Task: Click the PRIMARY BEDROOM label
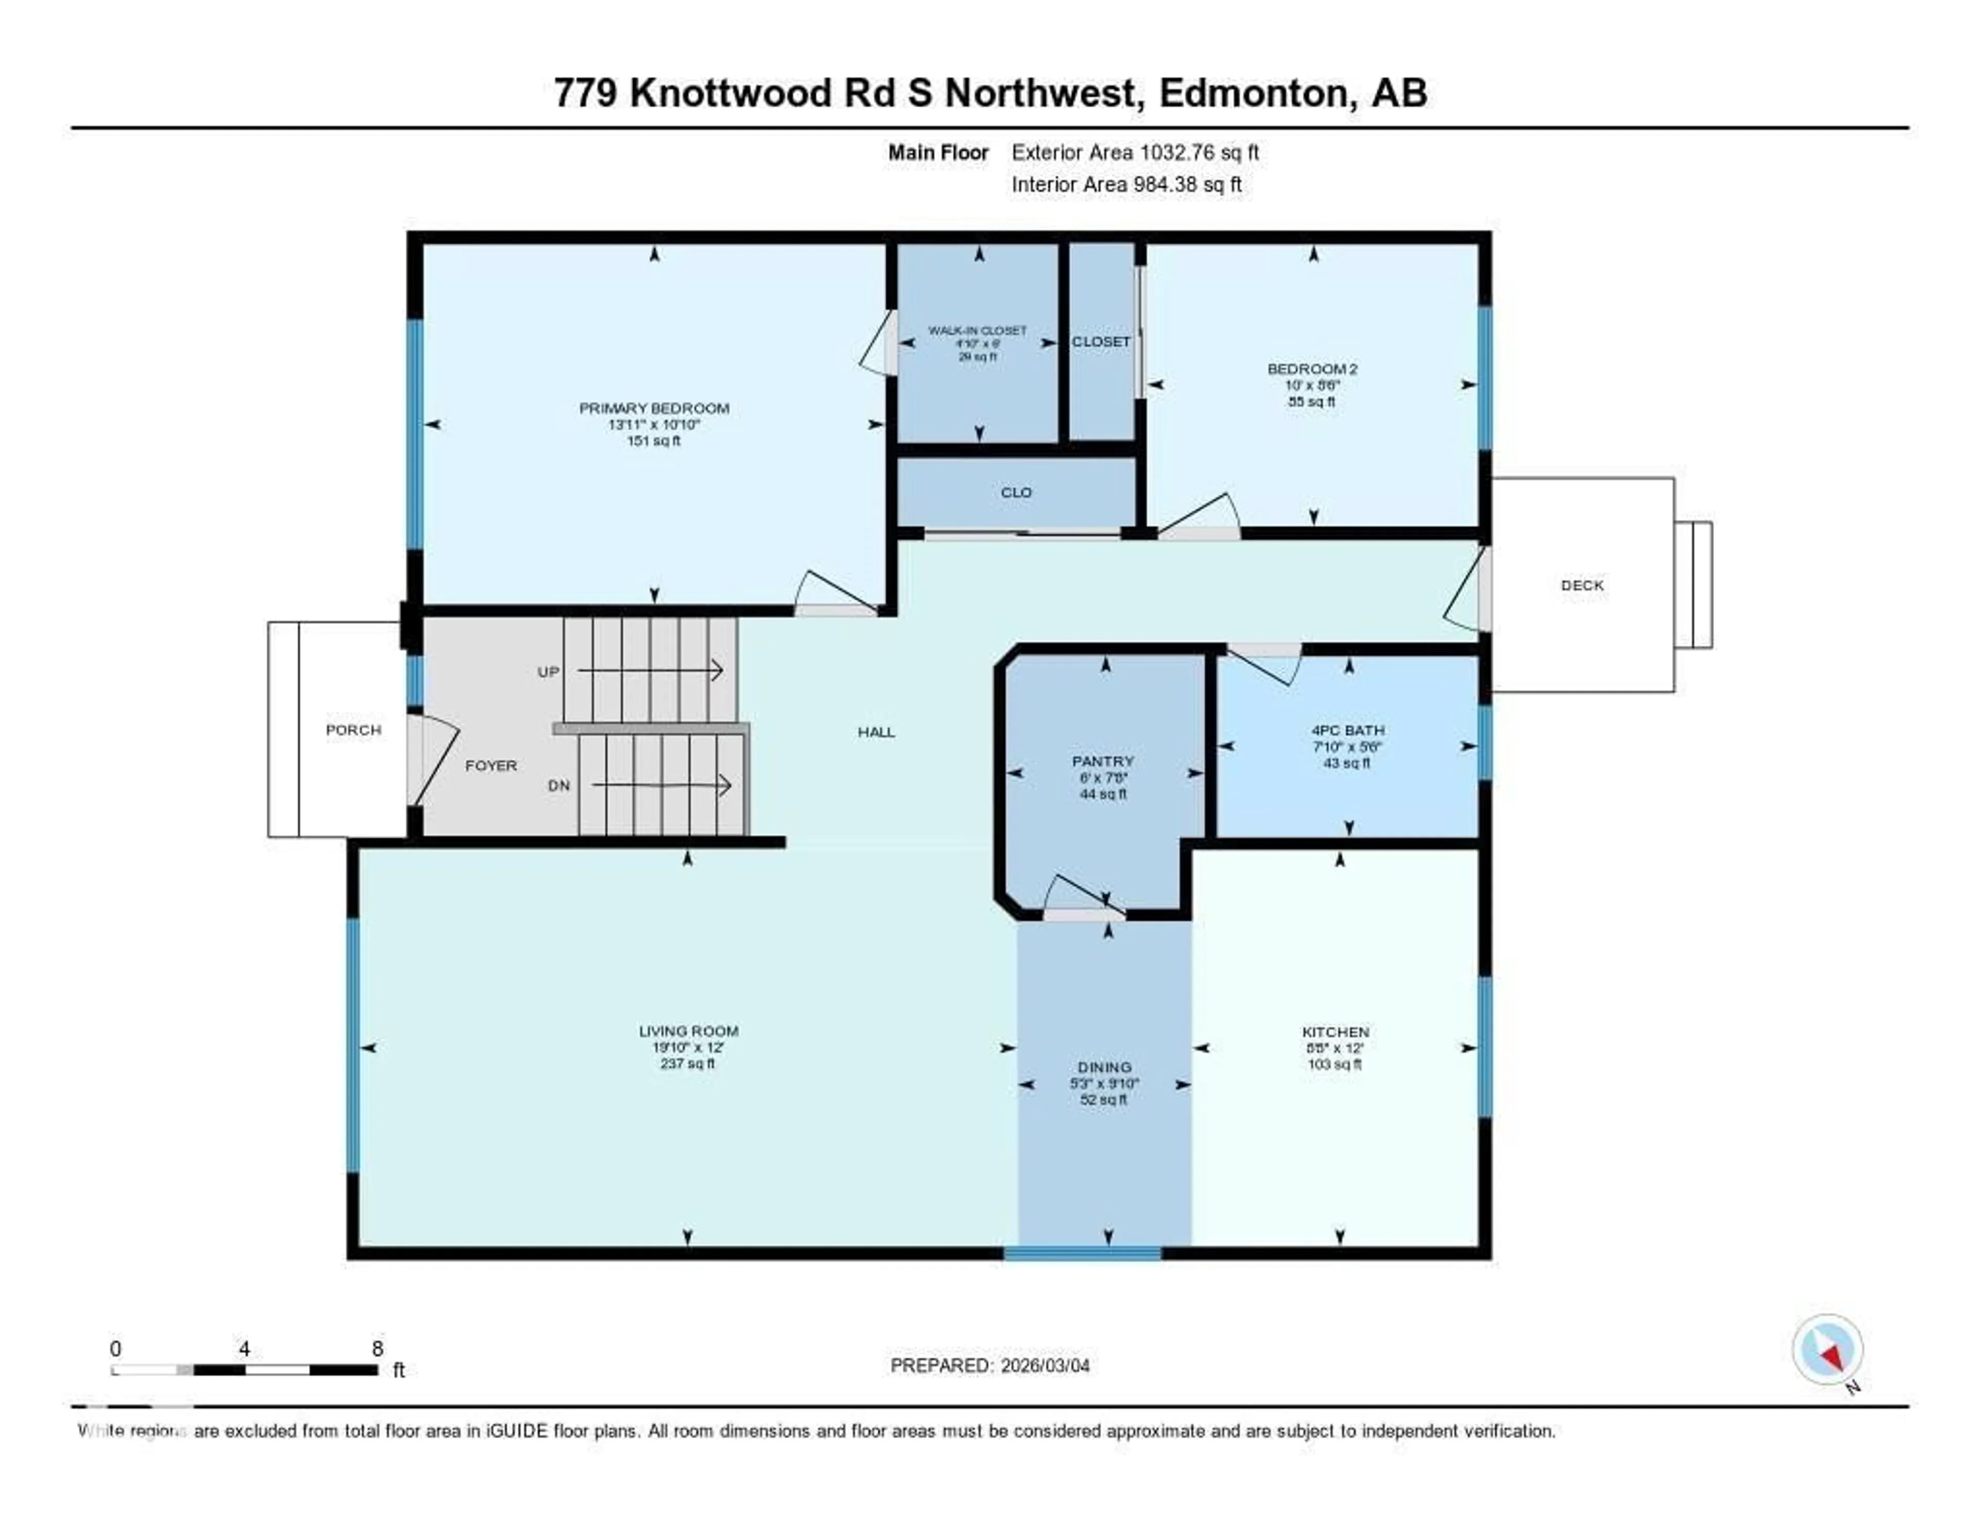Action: [654, 408]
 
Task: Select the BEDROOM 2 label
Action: [1312, 369]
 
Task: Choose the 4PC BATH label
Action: [1347, 730]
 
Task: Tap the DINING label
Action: [1104, 1067]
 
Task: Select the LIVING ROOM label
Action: [688, 1031]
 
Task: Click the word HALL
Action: [876, 732]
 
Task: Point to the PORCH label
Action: [354, 730]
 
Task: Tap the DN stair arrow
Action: [662, 785]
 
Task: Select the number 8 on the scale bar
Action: [377, 1348]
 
